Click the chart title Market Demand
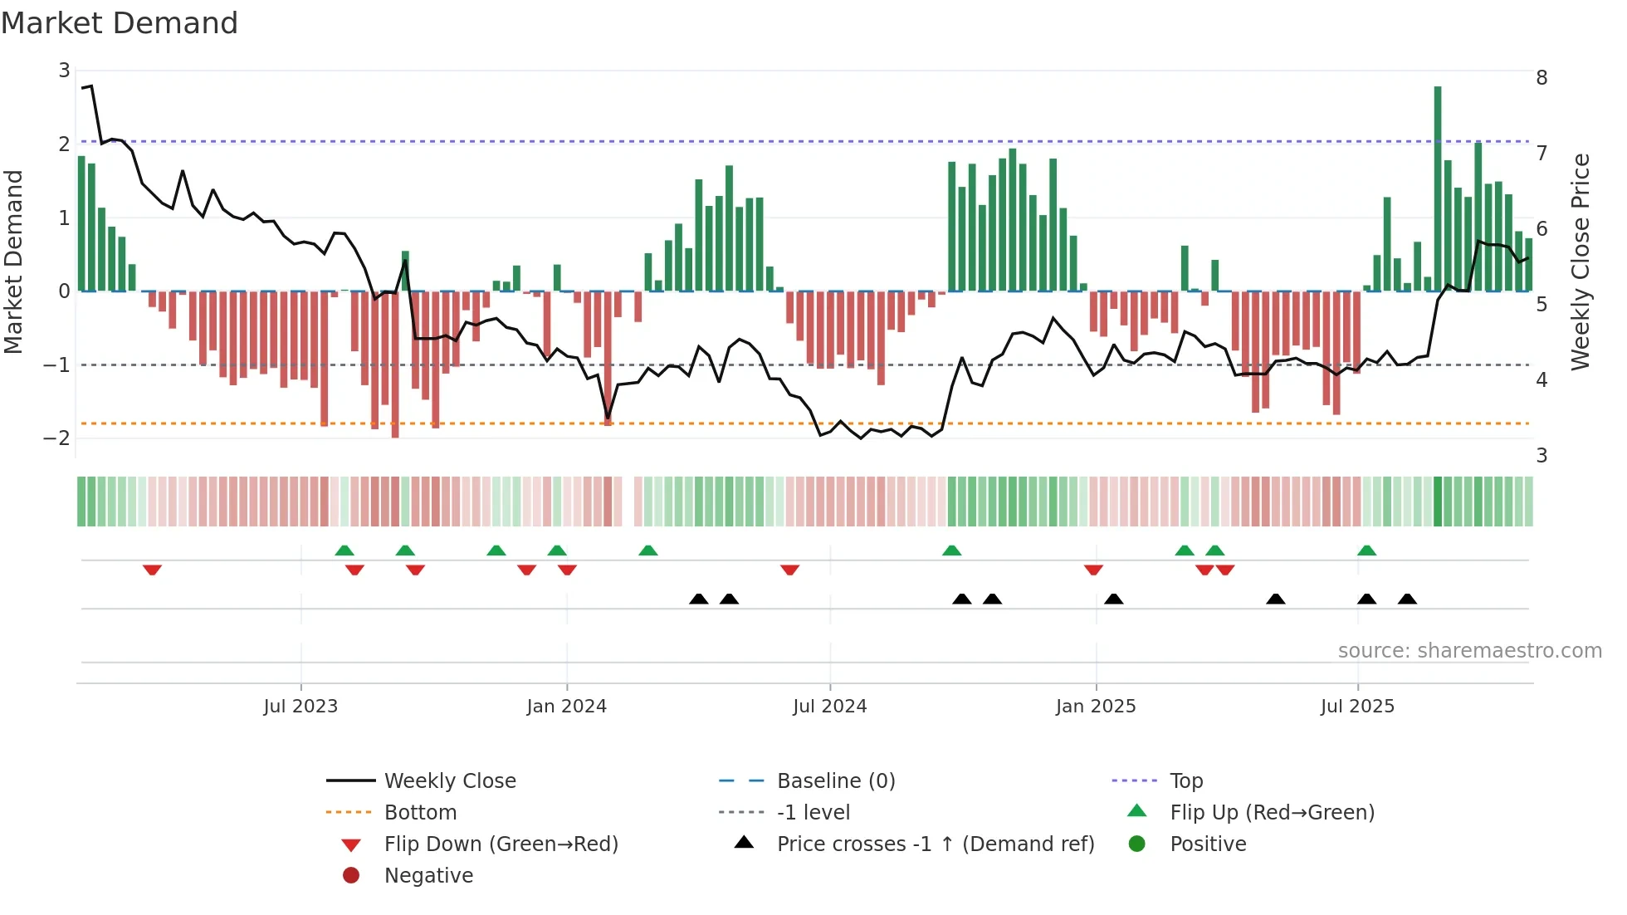(120, 23)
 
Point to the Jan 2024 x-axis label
(566, 707)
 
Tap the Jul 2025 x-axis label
(1357, 707)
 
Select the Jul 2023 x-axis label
(300, 707)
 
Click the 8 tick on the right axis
(1541, 78)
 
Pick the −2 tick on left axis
(56, 438)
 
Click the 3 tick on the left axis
(64, 71)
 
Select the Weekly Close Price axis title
(1581, 262)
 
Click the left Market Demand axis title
(14, 262)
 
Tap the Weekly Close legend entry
(449, 781)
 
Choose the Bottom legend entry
(420, 813)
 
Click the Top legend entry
(1186, 781)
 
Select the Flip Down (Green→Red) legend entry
(501, 844)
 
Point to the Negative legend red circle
(351, 876)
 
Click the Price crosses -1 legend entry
(935, 844)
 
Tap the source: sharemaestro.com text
(1469, 651)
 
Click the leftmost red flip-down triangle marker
(152, 570)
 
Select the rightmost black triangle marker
(1407, 599)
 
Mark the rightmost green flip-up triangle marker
(1366, 550)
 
